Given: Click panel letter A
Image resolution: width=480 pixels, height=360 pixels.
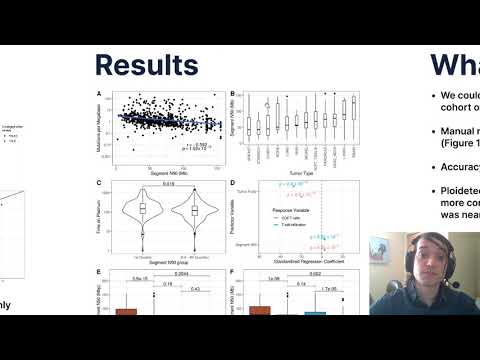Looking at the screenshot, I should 97,95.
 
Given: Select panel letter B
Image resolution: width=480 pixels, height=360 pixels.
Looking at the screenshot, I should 233,95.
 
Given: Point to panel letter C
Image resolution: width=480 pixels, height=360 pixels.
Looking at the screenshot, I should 97,183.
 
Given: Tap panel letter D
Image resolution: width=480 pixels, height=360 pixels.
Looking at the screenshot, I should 233,183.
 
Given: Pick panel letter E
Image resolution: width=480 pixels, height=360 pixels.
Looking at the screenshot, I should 97,271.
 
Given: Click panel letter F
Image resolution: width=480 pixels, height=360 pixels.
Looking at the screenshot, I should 233,271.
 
